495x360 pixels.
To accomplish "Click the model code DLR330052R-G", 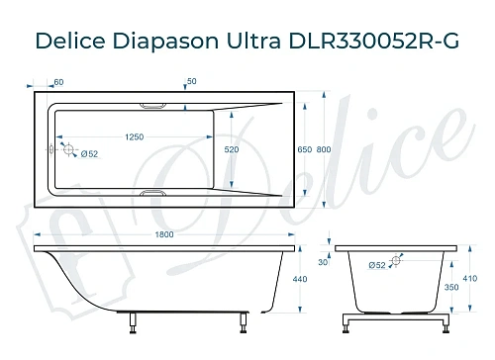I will click(377, 42).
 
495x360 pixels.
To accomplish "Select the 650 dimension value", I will click(305, 149).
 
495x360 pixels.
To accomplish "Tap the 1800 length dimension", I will click(164, 233).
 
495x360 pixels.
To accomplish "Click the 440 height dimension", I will click(313, 280).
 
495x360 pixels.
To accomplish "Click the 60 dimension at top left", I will click(58, 81).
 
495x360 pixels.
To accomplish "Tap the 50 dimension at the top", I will click(191, 81).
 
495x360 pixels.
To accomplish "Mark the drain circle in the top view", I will click(69, 149).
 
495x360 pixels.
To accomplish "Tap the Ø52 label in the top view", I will click(88, 153).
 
